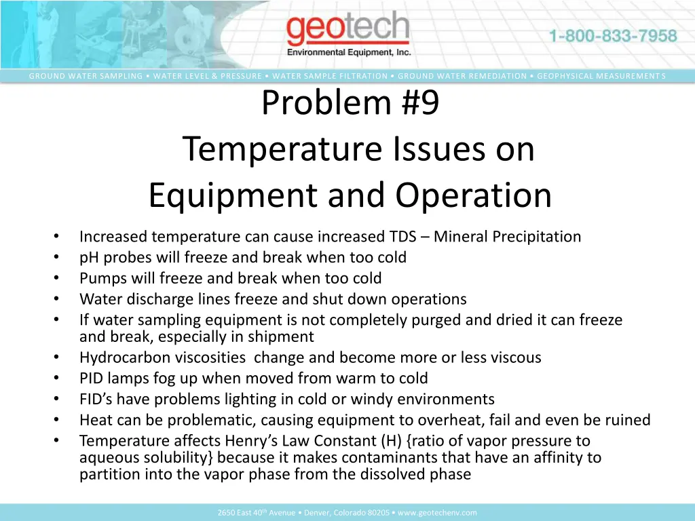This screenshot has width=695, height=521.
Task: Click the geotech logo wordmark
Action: pyautogui.click(x=347, y=30)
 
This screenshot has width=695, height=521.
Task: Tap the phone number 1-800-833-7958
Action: pyautogui.click(x=613, y=36)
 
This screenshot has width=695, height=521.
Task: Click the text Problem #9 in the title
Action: pyautogui.click(x=351, y=103)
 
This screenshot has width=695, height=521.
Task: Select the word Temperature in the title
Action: pyautogui.click(x=283, y=149)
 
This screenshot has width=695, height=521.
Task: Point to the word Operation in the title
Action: pyautogui.click(x=474, y=195)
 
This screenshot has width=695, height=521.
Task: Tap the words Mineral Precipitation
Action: pyautogui.click(x=507, y=237)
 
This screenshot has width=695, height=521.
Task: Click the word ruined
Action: pyautogui.click(x=626, y=420)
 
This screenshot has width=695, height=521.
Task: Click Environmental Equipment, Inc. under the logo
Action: pyautogui.click(x=349, y=52)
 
